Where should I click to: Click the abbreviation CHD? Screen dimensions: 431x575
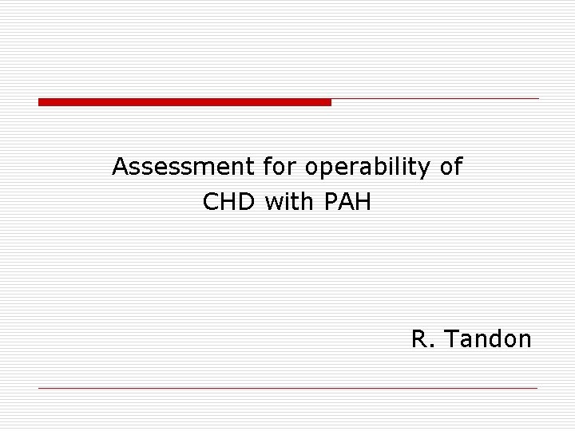coord(230,202)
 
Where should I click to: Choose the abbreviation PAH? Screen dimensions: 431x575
coord(348,202)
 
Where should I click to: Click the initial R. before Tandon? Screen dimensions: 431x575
coord(421,339)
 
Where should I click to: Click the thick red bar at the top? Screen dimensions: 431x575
coord(184,102)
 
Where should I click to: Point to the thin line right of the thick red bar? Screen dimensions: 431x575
coord(435,99)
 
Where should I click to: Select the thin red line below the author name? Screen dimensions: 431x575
coord(287,388)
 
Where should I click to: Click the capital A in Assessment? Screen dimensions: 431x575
coord(120,167)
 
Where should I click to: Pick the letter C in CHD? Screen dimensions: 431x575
coord(212,202)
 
